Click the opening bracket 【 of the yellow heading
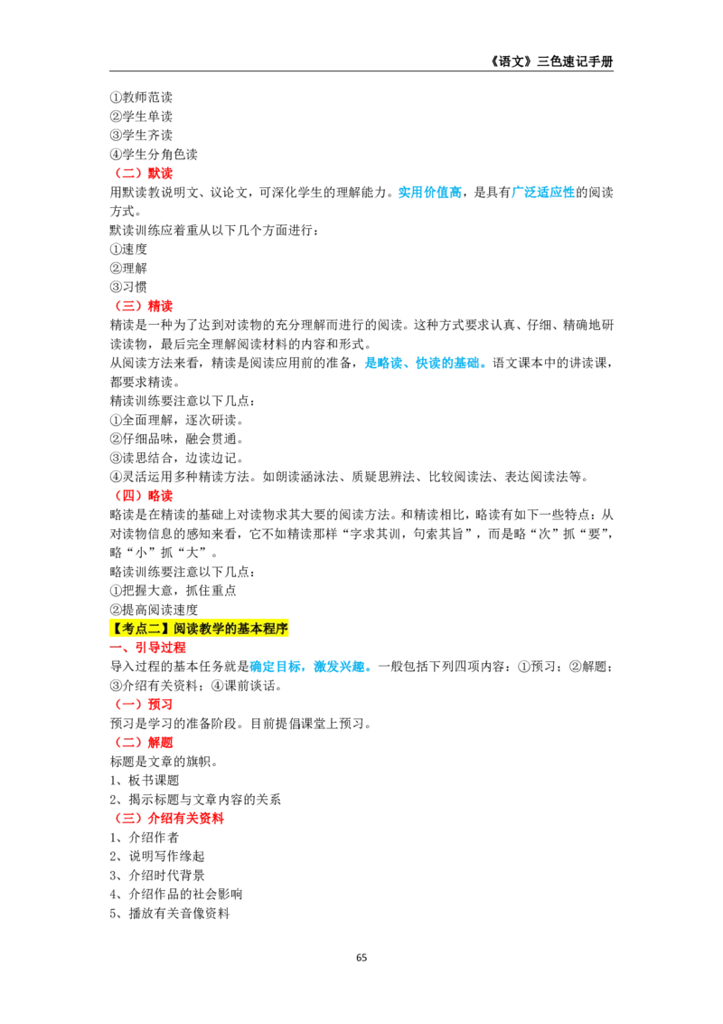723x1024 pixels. tap(115, 629)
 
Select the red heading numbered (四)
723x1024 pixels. tap(144, 496)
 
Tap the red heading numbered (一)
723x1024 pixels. tap(144, 704)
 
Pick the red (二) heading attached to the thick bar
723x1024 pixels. tap(144, 743)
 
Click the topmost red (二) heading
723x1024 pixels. tap(144, 174)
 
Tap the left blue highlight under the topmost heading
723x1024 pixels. tap(430, 192)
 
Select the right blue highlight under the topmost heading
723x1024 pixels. tap(543, 192)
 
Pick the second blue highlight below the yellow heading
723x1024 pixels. tap(342, 667)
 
